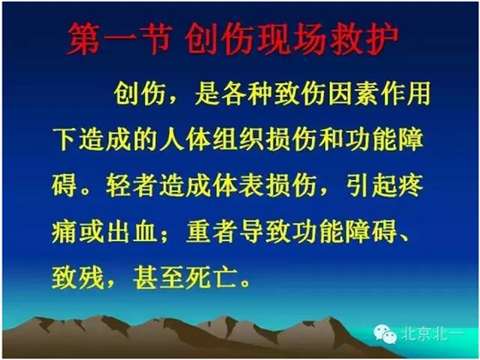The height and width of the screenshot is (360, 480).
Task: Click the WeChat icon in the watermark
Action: coord(390,337)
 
